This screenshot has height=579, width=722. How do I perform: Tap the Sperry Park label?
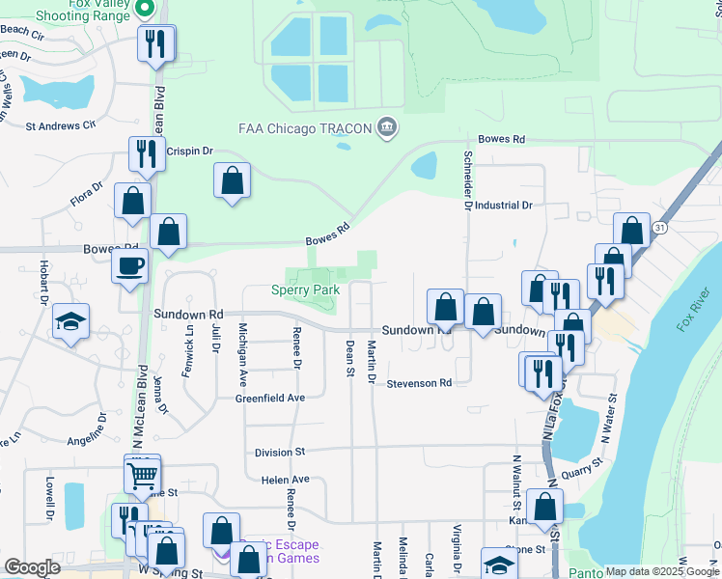point(305,289)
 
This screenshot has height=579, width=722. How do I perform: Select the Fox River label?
point(693,308)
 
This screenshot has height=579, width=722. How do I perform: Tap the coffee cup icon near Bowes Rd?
point(128,265)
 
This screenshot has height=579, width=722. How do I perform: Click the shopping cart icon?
point(142,473)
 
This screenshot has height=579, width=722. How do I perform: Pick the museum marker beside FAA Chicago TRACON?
point(386,126)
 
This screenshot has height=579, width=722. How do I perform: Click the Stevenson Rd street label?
point(419,383)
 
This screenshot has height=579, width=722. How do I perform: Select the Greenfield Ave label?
point(270,398)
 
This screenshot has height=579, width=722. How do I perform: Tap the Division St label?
point(280,452)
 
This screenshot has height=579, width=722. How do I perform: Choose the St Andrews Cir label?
point(61,125)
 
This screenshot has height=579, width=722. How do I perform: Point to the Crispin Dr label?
point(188,152)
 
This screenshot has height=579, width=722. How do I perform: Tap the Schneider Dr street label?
point(467,174)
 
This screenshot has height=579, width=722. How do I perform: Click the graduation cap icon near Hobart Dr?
point(70,321)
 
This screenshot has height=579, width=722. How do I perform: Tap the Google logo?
point(33,567)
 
